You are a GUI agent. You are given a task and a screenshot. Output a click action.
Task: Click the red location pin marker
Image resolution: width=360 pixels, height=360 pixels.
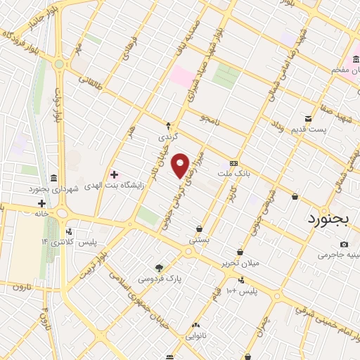pos(181,165)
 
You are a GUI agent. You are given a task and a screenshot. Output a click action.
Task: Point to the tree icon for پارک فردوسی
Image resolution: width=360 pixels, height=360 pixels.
pos(159,267)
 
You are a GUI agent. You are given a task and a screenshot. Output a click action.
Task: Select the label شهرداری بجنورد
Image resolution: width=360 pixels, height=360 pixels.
pos(51,189)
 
